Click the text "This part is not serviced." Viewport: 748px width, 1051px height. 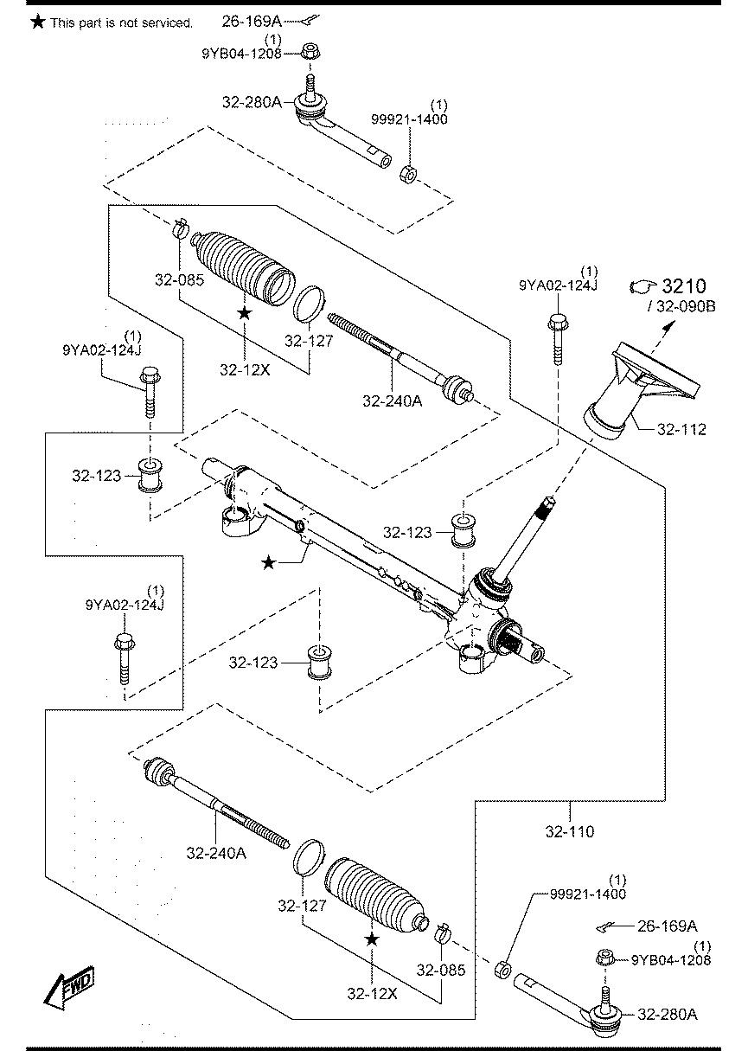point(121,23)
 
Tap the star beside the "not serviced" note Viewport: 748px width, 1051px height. point(38,22)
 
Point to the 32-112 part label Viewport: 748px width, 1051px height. point(681,429)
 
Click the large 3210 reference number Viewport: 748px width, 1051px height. point(684,285)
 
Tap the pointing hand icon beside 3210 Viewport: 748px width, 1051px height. point(643,286)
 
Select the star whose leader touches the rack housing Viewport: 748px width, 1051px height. point(268,562)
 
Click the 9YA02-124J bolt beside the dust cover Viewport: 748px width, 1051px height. point(558,339)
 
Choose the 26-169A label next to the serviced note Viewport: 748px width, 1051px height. point(252,21)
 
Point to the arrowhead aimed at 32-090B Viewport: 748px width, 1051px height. point(671,324)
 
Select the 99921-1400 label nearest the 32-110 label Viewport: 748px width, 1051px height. point(588,894)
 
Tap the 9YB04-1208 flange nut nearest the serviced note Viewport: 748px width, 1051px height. point(309,51)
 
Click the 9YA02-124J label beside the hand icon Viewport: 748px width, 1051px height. point(558,285)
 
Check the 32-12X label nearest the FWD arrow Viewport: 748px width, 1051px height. point(372,993)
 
